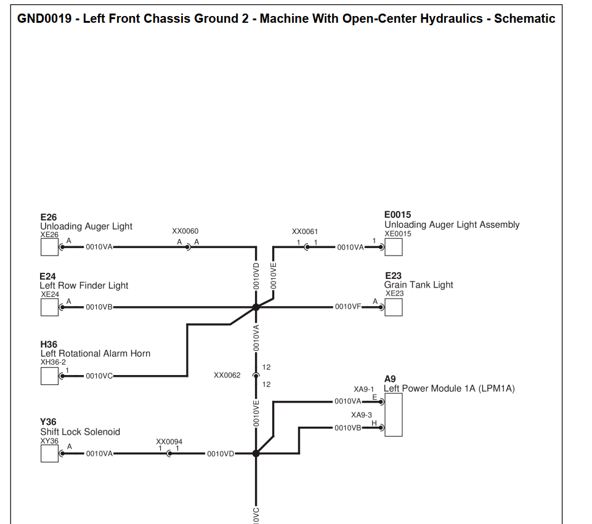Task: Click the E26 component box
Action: (x=49, y=247)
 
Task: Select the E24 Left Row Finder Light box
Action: (x=49, y=307)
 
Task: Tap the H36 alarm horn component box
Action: (x=49, y=376)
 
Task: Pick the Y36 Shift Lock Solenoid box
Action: (x=49, y=453)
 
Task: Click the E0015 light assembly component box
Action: (x=394, y=247)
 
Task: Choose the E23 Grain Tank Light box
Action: (x=394, y=307)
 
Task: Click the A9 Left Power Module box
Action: (x=394, y=414)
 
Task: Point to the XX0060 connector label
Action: (x=185, y=231)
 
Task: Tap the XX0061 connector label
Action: (x=305, y=232)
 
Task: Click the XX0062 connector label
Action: (x=227, y=375)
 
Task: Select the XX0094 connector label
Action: (x=169, y=441)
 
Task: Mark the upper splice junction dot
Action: (x=256, y=307)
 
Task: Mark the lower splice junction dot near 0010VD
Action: (x=256, y=453)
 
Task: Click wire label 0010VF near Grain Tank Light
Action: (x=347, y=307)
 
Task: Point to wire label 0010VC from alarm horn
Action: (x=99, y=376)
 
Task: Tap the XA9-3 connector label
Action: (x=362, y=415)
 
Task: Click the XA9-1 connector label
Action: (x=363, y=389)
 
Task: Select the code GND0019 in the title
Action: (x=44, y=18)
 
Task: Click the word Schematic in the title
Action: (x=525, y=18)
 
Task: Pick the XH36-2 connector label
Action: (x=53, y=362)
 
